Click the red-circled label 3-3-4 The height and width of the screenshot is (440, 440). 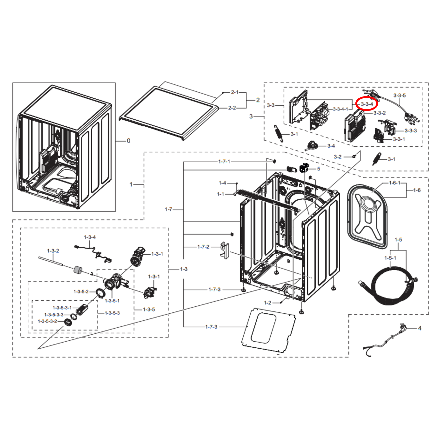click(x=367, y=104)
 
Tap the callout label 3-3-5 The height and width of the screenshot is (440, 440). click(x=400, y=95)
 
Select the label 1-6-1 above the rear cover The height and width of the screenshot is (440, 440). click(x=395, y=183)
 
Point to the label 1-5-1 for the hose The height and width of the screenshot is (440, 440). click(x=390, y=258)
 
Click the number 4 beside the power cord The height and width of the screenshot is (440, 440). click(x=420, y=328)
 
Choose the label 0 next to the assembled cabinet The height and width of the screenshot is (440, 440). click(x=128, y=141)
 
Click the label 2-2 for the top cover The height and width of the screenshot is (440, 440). click(x=232, y=108)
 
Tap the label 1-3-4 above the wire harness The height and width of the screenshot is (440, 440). click(x=90, y=237)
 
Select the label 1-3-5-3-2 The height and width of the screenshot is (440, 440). click(x=47, y=321)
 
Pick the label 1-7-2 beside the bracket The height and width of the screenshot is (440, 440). click(x=203, y=247)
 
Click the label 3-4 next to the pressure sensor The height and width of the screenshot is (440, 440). click(x=331, y=146)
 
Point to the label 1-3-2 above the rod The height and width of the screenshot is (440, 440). click(x=53, y=251)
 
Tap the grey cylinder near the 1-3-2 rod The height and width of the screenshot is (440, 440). click(x=78, y=271)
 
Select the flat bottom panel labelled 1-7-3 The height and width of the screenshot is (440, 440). click(x=268, y=330)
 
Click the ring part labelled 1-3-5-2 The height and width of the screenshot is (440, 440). click(x=101, y=293)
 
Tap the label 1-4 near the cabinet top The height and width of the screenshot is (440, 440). click(x=222, y=183)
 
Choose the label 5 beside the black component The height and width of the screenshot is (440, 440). click(x=319, y=169)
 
